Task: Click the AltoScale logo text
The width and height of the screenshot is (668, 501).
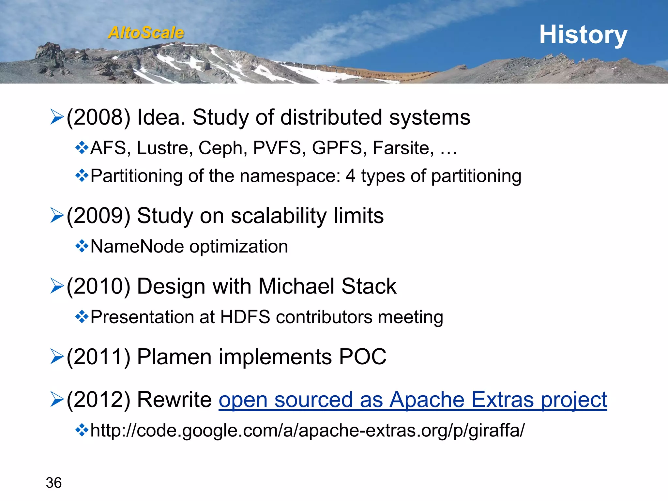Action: (146, 33)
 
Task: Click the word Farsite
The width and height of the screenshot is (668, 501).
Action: (403, 148)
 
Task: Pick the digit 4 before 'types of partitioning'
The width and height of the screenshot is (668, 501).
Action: (350, 176)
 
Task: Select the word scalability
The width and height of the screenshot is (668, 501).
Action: (279, 216)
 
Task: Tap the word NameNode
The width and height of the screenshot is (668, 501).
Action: (137, 246)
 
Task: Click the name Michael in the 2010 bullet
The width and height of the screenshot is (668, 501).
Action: (296, 286)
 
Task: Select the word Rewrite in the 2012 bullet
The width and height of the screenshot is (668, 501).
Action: (175, 400)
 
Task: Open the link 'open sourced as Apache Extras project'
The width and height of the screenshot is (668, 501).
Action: (413, 400)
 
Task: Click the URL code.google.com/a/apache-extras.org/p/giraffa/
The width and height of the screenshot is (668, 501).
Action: (308, 431)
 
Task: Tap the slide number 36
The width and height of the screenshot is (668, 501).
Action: (53, 483)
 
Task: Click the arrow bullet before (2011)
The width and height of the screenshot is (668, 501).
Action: (57, 357)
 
